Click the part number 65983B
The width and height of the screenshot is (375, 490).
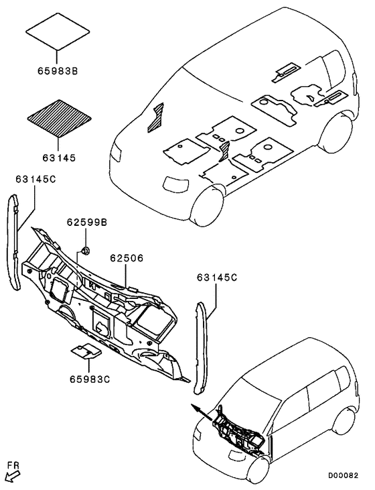[58, 71]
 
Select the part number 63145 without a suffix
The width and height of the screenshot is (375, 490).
[59, 158]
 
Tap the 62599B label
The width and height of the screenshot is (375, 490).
[87, 222]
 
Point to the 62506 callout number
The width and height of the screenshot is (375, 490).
[127, 258]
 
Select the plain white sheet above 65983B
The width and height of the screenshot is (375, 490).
[58, 32]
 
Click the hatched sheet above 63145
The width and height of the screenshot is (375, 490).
[60, 119]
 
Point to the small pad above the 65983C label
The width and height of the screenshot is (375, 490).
[86, 351]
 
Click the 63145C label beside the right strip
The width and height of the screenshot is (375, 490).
[217, 278]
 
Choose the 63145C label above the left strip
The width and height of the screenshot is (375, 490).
[35, 180]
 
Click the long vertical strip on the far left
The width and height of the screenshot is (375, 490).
[14, 241]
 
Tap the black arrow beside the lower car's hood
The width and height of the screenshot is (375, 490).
[202, 412]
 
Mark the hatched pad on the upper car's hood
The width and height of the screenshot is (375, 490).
[156, 117]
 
